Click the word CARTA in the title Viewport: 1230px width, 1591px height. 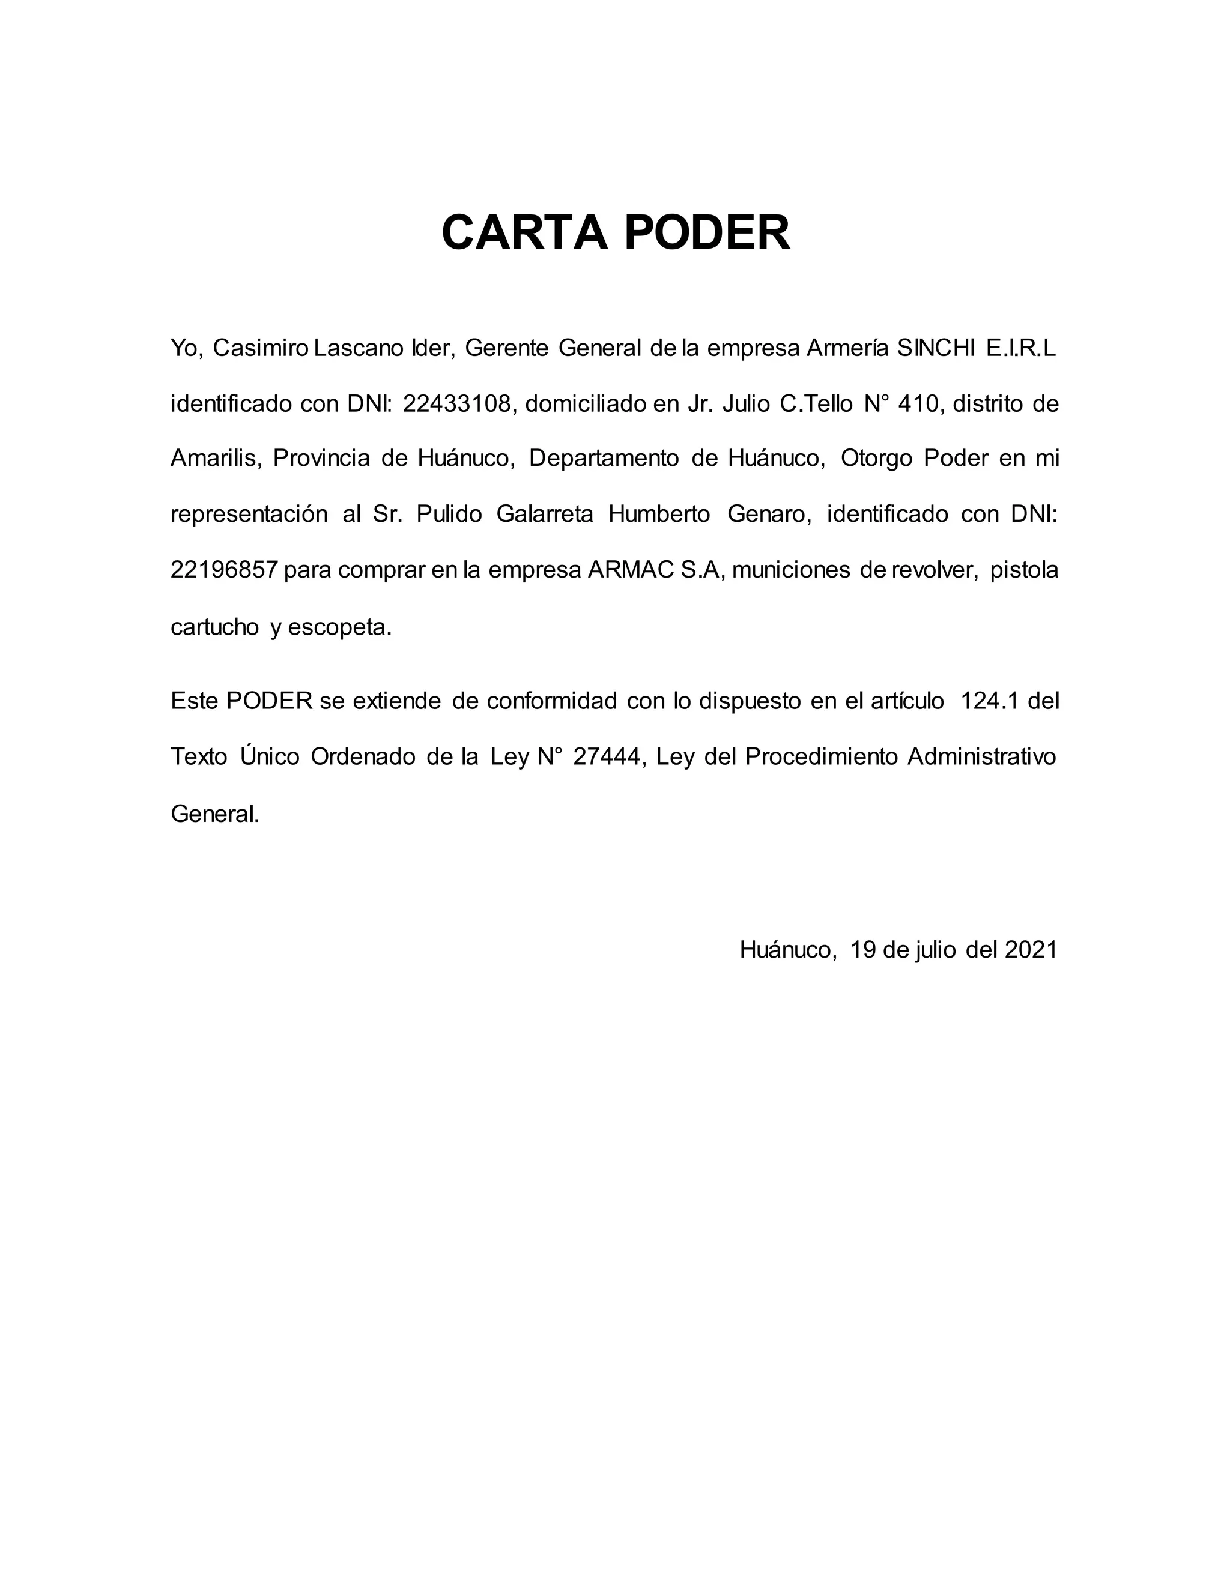pos(524,233)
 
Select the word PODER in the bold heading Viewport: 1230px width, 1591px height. pos(706,233)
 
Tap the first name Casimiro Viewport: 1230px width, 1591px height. pos(261,348)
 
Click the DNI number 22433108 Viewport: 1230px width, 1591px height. pos(458,403)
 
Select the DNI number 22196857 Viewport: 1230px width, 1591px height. pos(225,570)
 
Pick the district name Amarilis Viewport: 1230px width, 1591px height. pos(215,458)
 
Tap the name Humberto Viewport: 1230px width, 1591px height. pos(659,515)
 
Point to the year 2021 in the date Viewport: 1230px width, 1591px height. pos(1031,949)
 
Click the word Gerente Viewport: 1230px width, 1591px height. pos(506,348)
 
